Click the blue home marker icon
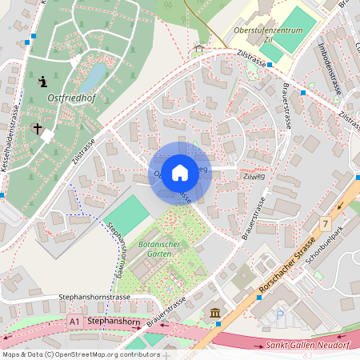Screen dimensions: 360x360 [180, 173]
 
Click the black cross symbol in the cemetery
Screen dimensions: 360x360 [37, 128]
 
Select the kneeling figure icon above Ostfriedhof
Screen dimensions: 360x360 [42, 81]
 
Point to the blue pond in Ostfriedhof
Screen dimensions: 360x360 [94, 77]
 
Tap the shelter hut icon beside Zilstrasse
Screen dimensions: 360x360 [198, 49]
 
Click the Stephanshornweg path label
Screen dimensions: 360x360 [114, 248]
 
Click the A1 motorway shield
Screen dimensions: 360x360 [74, 321]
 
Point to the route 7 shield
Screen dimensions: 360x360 [325, 222]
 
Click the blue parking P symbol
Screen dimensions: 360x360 [279, 315]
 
